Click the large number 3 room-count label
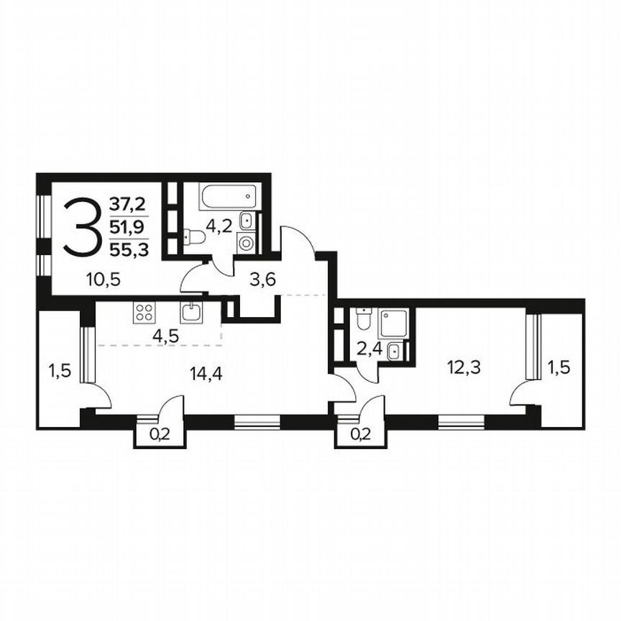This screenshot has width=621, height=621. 80,227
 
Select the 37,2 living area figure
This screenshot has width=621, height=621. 126,206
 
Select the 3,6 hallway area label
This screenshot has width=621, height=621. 263,280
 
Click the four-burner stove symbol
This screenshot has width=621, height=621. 144,312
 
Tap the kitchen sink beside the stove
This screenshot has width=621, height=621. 191,312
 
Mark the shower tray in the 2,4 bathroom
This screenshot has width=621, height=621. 393,323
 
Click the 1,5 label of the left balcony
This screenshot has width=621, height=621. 59,370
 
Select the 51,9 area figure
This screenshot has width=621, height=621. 126,228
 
